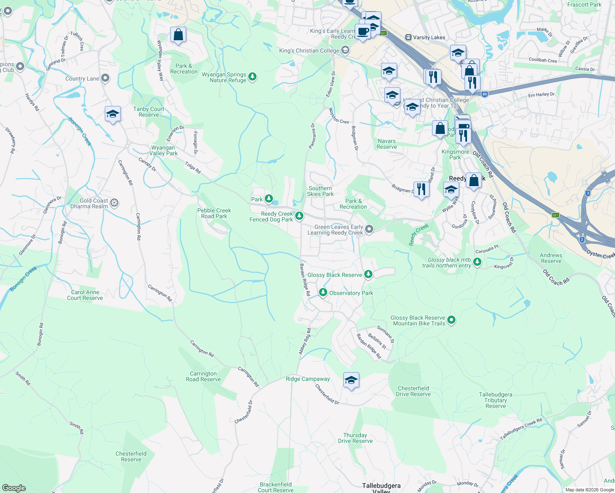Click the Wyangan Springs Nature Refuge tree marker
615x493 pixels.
[x=252, y=76]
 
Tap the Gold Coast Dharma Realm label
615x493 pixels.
[x=94, y=203]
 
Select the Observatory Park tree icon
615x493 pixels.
[x=323, y=293]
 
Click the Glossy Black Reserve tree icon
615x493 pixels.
[x=368, y=274]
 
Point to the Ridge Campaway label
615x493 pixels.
[x=307, y=379]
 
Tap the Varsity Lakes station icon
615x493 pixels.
[x=408, y=37]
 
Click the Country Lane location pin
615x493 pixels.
[x=105, y=78]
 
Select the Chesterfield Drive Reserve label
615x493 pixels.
[x=413, y=391]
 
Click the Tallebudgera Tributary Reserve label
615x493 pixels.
[x=495, y=400]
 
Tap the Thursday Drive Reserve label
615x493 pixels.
[x=355, y=438]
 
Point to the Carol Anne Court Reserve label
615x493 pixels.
[x=85, y=295]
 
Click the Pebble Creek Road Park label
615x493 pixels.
[x=214, y=213]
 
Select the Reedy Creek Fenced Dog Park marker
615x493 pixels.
[x=299, y=216]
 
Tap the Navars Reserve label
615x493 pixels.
[x=387, y=144]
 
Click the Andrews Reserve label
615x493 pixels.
[x=551, y=258]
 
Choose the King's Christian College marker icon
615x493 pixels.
[x=345, y=51]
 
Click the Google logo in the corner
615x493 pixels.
[x=14, y=488]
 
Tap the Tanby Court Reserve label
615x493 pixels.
[x=148, y=112]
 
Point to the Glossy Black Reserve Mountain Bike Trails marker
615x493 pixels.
[x=451, y=320]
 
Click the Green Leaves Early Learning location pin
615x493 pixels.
[x=369, y=229]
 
